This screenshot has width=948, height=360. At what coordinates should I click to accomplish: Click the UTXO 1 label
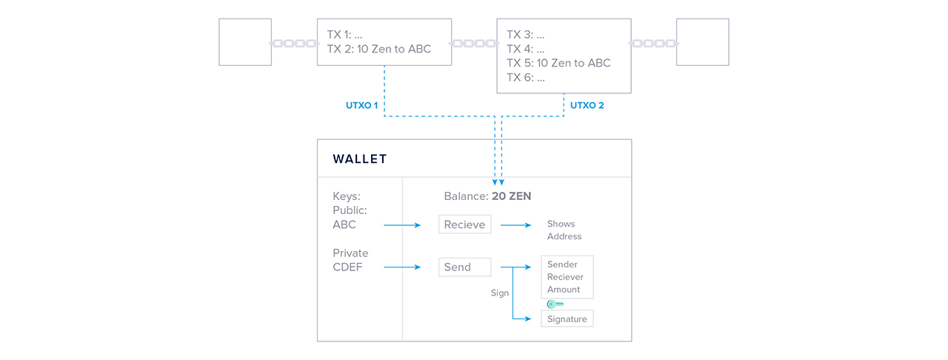(361, 106)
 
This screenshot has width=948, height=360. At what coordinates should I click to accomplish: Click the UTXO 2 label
(587, 106)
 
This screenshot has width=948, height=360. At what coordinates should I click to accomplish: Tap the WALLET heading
(360, 159)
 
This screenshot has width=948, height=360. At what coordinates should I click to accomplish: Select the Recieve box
(464, 224)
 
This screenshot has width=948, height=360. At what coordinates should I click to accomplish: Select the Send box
(464, 267)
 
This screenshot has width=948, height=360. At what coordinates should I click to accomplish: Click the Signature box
(567, 319)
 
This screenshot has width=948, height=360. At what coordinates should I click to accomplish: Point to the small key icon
(555, 304)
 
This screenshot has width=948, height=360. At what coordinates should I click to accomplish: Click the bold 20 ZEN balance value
(511, 196)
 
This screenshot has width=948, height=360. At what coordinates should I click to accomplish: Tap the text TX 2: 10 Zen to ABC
(378, 49)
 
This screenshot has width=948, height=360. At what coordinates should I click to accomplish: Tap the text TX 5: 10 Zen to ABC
(558, 63)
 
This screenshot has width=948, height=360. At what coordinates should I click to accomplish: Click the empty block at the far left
(244, 42)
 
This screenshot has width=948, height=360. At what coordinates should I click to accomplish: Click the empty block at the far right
(702, 42)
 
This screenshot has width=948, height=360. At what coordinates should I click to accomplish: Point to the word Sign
(500, 293)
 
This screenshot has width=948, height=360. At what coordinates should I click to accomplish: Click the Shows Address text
(564, 230)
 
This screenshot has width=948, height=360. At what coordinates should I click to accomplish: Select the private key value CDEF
(347, 267)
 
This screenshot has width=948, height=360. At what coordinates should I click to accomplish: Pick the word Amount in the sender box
(564, 290)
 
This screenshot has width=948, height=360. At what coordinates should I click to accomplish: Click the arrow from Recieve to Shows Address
(515, 224)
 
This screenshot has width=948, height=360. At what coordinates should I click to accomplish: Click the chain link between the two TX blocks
(474, 44)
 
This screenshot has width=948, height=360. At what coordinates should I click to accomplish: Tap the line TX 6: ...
(526, 77)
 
